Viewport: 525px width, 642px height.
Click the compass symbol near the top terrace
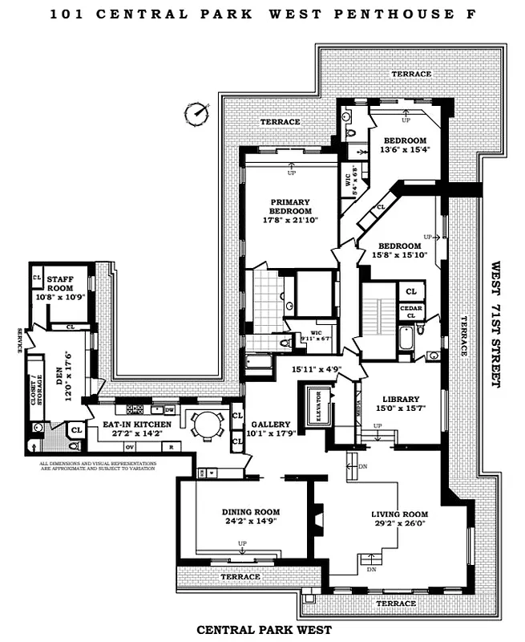pos(195,113)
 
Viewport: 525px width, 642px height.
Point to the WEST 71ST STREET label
pos(495,324)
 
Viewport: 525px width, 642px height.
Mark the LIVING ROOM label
pos(399,514)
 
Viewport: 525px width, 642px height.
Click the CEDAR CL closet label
pos(410,311)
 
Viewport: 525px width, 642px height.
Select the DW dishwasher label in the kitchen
pos(169,410)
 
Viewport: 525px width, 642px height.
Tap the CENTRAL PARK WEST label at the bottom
pos(264,630)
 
